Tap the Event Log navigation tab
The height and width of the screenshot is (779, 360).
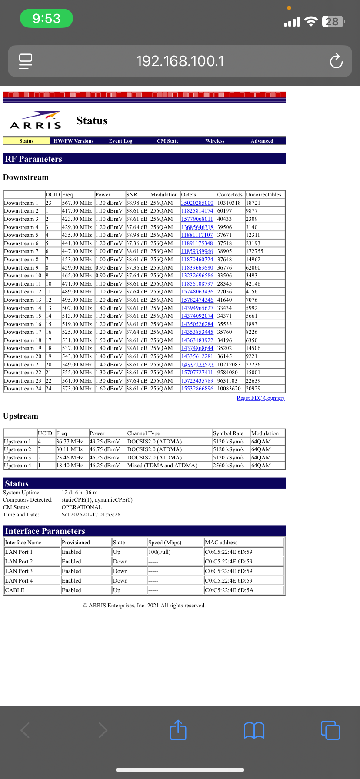(120, 141)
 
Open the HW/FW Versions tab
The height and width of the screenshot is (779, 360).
(73, 141)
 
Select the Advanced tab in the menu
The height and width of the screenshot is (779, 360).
(262, 141)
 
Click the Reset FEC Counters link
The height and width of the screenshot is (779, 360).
(260, 398)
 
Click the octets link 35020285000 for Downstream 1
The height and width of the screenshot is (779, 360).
(197, 203)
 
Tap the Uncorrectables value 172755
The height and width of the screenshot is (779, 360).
(254, 251)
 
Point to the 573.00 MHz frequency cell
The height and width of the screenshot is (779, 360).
(77, 389)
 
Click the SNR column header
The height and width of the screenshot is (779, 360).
(131, 195)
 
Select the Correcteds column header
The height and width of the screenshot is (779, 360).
(230, 195)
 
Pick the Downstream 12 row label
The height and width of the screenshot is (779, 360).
(23, 292)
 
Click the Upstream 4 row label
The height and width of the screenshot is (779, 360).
(17, 466)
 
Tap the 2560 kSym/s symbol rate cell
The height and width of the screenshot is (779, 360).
(228, 466)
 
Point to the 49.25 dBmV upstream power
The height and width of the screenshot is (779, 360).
(104, 442)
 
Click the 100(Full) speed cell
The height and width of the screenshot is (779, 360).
(159, 552)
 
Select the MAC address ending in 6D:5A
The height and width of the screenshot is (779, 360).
(229, 590)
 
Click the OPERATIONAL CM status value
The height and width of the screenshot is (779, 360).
(82, 507)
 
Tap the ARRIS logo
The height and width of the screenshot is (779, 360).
(36, 121)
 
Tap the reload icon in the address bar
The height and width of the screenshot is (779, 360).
(336, 61)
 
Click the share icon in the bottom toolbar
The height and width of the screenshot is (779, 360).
(178, 730)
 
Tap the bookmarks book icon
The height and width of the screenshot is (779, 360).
(254, 730)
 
